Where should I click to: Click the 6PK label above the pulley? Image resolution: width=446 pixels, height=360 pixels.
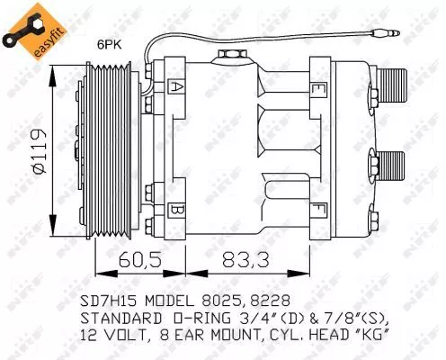[x=110, y=41]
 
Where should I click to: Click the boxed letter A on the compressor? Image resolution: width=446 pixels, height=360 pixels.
[x=179, y=88]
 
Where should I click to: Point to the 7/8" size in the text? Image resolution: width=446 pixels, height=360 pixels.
[x=341, y=317]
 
